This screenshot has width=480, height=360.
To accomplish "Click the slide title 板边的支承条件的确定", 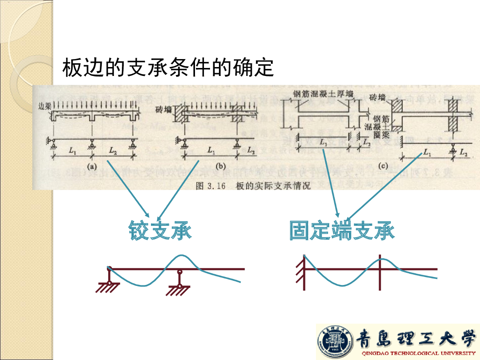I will point(168,68).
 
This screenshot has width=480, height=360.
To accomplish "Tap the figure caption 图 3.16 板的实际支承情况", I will point(253,186).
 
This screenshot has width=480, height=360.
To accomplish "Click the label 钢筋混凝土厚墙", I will point(323,94).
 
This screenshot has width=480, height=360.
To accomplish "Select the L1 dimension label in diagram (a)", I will point(72,150).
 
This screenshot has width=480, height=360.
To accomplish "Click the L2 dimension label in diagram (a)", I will point(113,150).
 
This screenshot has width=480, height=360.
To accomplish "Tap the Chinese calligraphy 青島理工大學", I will point(416,338).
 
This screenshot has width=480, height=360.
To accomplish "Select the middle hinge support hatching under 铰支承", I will point(178,291).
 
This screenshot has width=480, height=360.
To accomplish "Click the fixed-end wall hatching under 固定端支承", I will point(300,272).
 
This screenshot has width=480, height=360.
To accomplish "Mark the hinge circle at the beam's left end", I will point(109,269).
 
